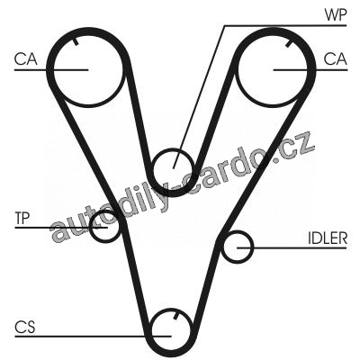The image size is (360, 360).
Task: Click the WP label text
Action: point(336,14)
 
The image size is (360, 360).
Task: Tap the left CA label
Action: point(25,58)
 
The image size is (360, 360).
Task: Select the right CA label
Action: point(335,58)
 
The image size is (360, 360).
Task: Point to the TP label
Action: point(22,218)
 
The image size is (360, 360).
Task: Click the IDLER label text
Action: point(328,238)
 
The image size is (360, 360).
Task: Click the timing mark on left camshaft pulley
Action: point(76,40)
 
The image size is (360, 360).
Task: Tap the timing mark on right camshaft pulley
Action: point(289,43)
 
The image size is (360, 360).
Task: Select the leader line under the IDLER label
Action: point(292,247)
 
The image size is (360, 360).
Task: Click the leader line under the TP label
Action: point(61,228)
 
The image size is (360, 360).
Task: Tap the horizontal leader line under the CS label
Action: point(93,336)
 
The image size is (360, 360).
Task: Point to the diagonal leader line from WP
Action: point(199,97)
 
